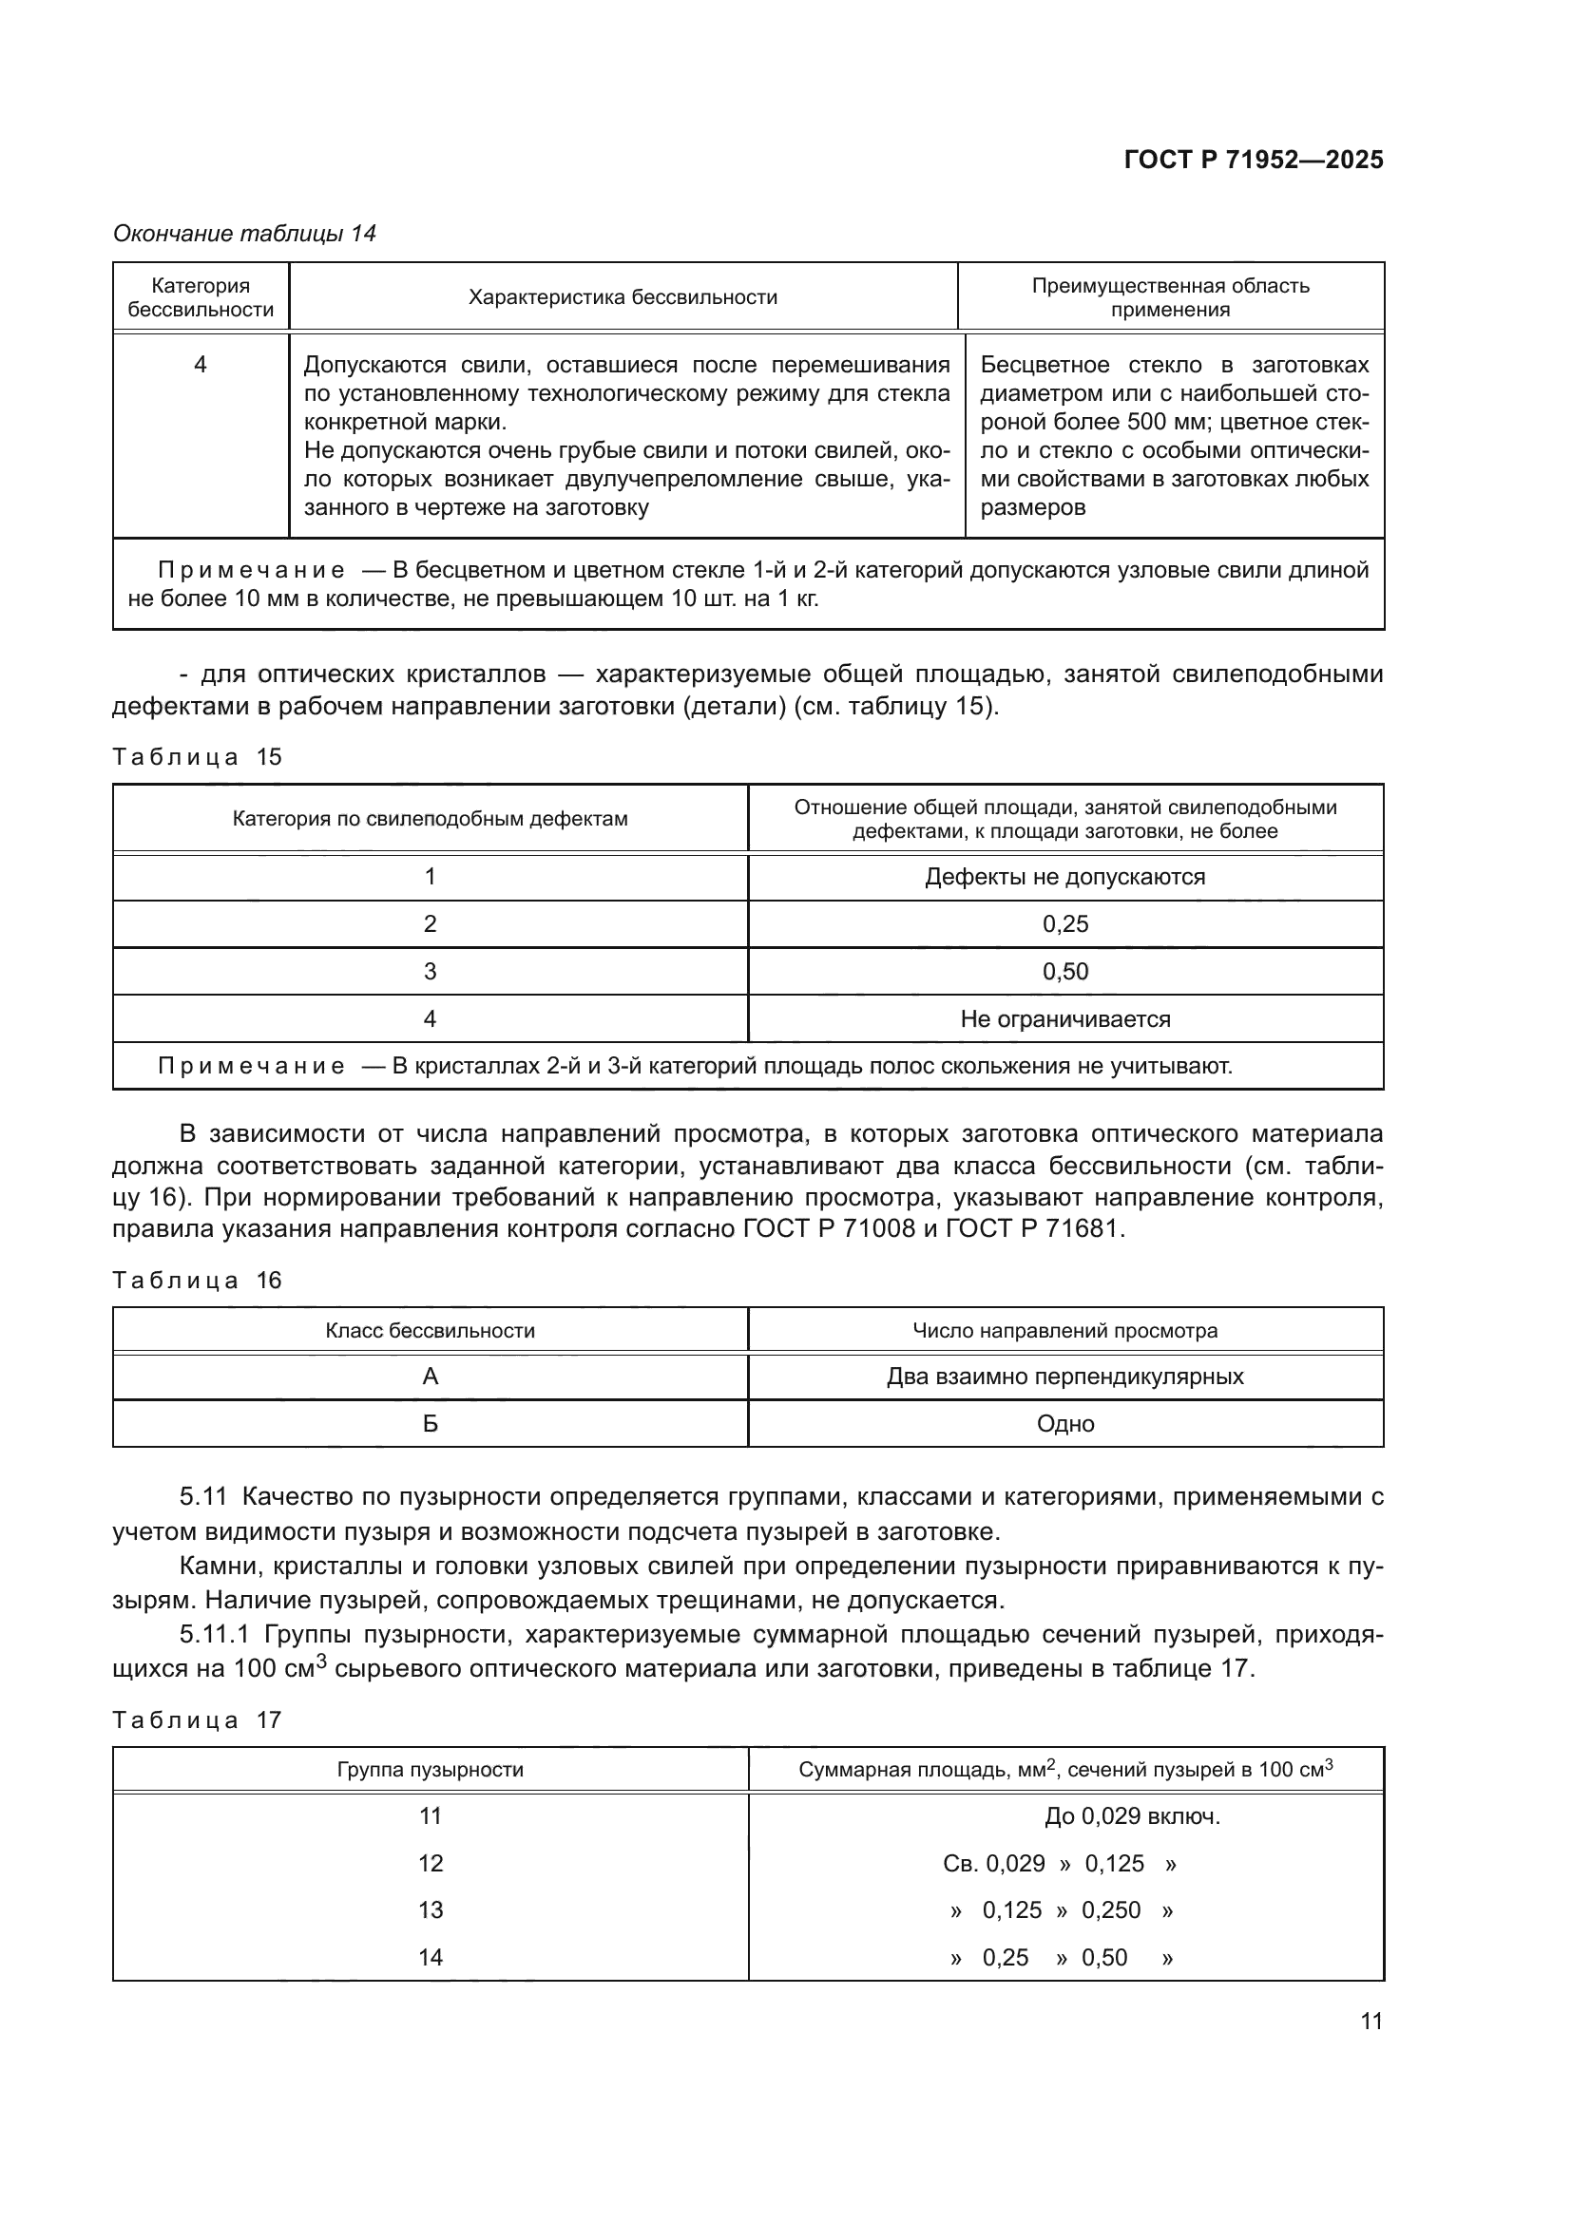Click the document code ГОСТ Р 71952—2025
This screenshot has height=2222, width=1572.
[x=1253, y=161]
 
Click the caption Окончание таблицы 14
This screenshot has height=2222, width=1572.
[x=244, y=234]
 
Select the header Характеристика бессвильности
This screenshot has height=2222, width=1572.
[x=623, y=297]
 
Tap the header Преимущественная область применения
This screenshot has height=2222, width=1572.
[x=1169, y=297]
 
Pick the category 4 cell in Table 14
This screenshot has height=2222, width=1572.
[x=201, y=365]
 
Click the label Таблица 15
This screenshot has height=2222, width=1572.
[x=197, y=757]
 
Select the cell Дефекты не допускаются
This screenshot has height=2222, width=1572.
[x=1064, y=877]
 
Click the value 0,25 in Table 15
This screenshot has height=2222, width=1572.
[x=1064, y=924]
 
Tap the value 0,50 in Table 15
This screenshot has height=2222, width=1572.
[x=1064, y=972]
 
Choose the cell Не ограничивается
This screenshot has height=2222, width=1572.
[x=1064, y=1019]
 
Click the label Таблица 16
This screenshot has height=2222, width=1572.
[x=197, y=1281]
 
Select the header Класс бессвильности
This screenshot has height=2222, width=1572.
[x=430, y=1331]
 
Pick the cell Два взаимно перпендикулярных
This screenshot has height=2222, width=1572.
[x=1064, y=1377]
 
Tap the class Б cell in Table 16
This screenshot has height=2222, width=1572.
[x=430, y=1424]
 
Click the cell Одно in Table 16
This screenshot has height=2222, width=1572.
[x=1064, y=1424]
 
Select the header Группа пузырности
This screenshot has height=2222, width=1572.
[x=430, y=1770]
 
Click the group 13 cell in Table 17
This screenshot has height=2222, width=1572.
[x=430, y=1910]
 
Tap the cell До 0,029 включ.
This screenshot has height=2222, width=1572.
[x=1132, y=1816]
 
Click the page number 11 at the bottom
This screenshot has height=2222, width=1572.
[x=1371, y=2021]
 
